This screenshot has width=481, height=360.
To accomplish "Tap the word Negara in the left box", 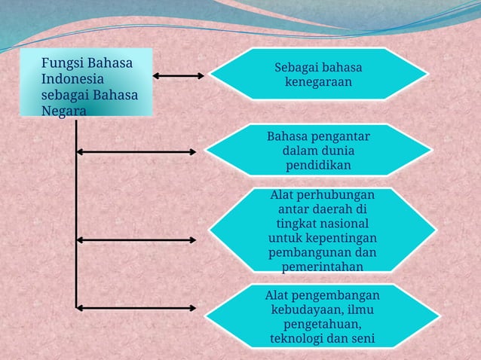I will point(64,110).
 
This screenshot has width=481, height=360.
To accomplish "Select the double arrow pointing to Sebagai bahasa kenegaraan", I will point(179,75).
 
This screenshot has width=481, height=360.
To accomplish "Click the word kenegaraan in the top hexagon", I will point(318,82).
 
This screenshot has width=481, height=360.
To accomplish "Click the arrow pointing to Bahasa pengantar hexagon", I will point(136,151).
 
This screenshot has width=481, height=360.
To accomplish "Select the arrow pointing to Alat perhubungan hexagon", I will point(136,239).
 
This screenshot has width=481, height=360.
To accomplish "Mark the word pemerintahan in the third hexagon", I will point(322,267).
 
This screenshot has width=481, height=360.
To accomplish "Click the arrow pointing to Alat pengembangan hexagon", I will point(136,307).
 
